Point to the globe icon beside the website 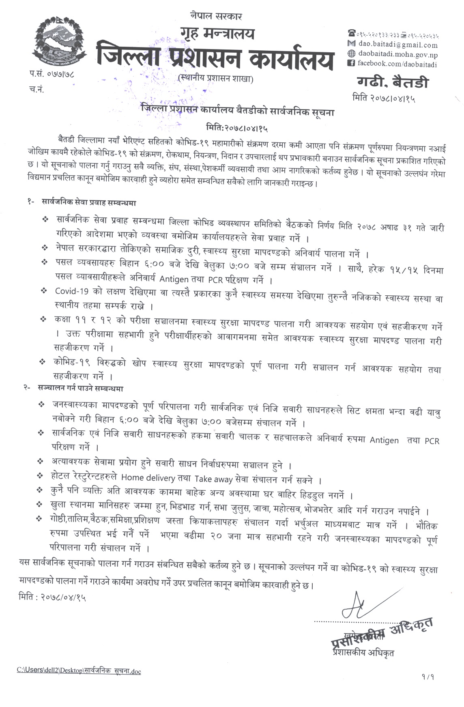352,54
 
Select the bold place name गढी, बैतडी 393,83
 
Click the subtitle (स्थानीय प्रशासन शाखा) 215,79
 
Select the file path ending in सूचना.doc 79,670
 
